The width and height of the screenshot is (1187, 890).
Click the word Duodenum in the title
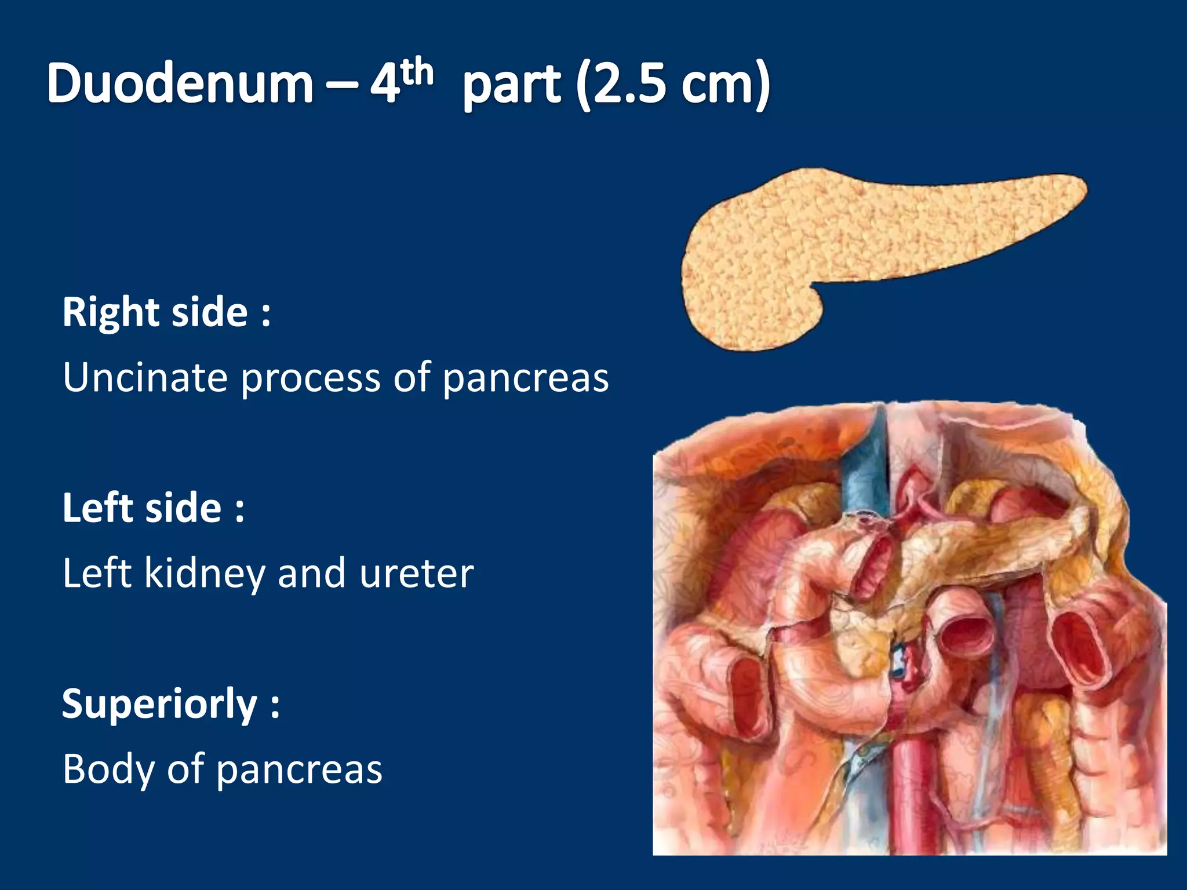180,84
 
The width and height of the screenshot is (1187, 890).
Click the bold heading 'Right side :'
166,312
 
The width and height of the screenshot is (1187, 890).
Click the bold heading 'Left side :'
154,508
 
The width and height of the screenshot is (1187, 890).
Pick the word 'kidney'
205,574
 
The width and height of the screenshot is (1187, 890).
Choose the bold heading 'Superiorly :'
171,705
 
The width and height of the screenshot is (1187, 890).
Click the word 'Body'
108,769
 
